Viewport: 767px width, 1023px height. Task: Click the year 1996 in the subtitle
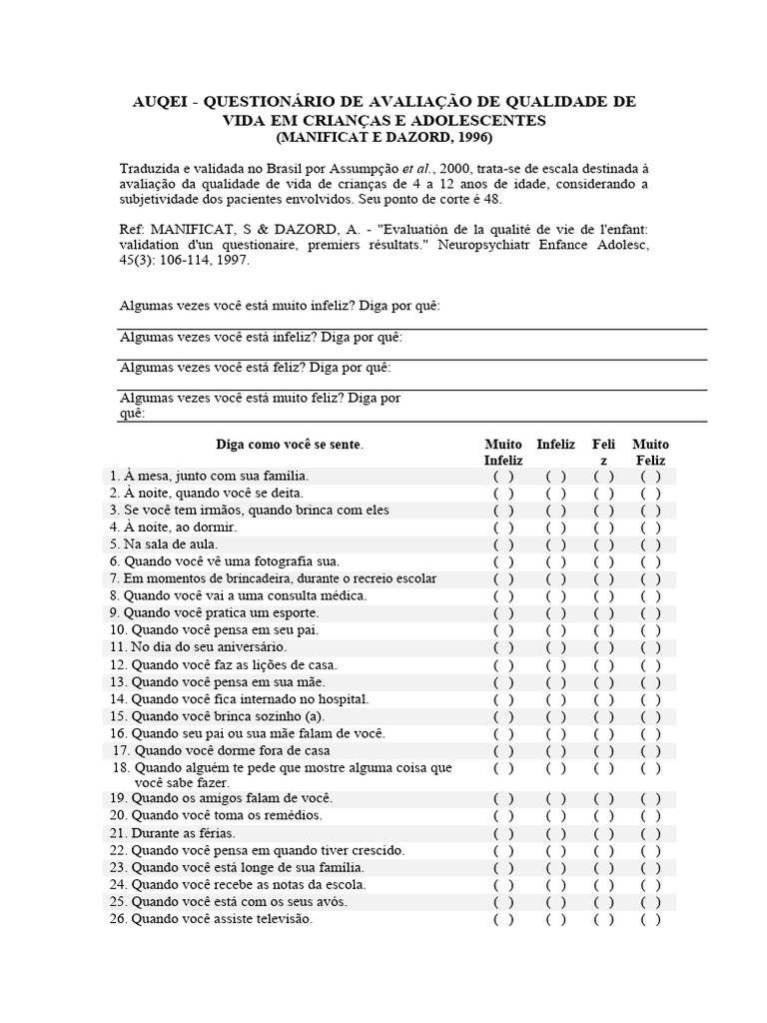(x=469, y=136)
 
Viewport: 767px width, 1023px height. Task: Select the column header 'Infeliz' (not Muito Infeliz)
(x=556, y=444)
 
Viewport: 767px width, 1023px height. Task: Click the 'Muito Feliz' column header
(x=651, y=452)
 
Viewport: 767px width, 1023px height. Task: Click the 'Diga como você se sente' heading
(x=290, y=444)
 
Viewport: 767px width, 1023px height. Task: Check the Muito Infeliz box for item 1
(x=503, y=477)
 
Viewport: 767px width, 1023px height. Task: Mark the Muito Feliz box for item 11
(x=651, y=647)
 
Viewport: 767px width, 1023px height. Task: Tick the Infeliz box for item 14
(x=556, y=698)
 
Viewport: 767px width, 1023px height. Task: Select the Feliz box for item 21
(x=603, y=833)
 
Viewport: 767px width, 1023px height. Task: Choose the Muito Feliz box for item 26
(x=651, y=919)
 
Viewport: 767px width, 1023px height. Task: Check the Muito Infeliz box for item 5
(x=503, y=544)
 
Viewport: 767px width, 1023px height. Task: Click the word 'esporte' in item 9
(x=294, y=613)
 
